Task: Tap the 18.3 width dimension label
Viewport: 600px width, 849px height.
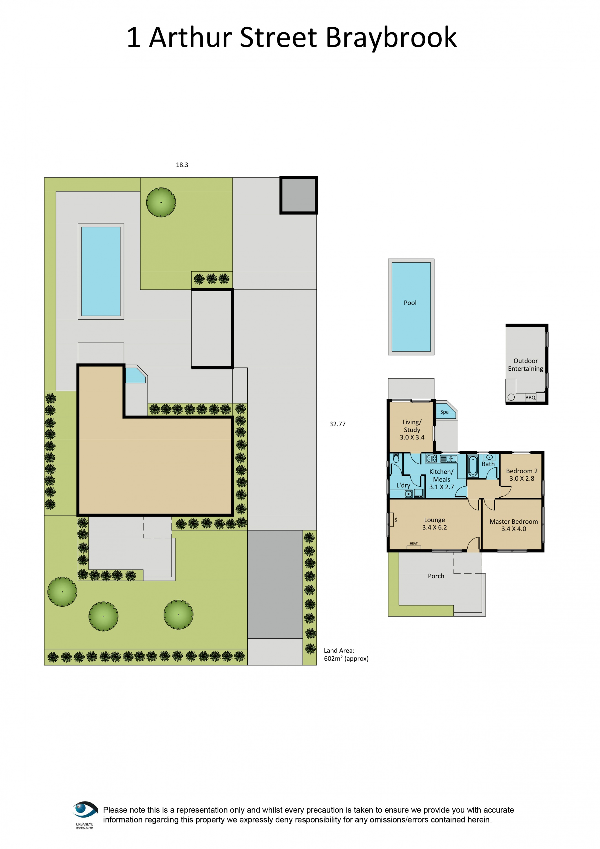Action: tap(182, 165)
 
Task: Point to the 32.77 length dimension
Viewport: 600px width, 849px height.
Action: tap(337, 424)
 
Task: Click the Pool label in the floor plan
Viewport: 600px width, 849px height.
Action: tap(410, 303)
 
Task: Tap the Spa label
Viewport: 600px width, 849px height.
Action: tap(444, 412)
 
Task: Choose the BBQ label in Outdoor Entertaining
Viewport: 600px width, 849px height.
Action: tap(530, 397)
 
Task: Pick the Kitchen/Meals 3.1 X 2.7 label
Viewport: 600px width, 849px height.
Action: tap(441, 479)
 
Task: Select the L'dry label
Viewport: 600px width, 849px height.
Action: tap(403, 485)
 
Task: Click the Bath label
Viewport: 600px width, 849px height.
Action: tap(488, 464)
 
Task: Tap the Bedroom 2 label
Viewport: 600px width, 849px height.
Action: tap(522, 475)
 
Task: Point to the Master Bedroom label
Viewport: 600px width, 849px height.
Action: tap(513, 525)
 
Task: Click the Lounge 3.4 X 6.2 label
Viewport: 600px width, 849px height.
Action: tap(434, 524)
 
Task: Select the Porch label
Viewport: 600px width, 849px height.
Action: tap(436, 576)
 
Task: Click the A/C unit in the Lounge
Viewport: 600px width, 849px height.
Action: tap(392, 520)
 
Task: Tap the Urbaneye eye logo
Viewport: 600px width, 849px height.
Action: tap(85, 809)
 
